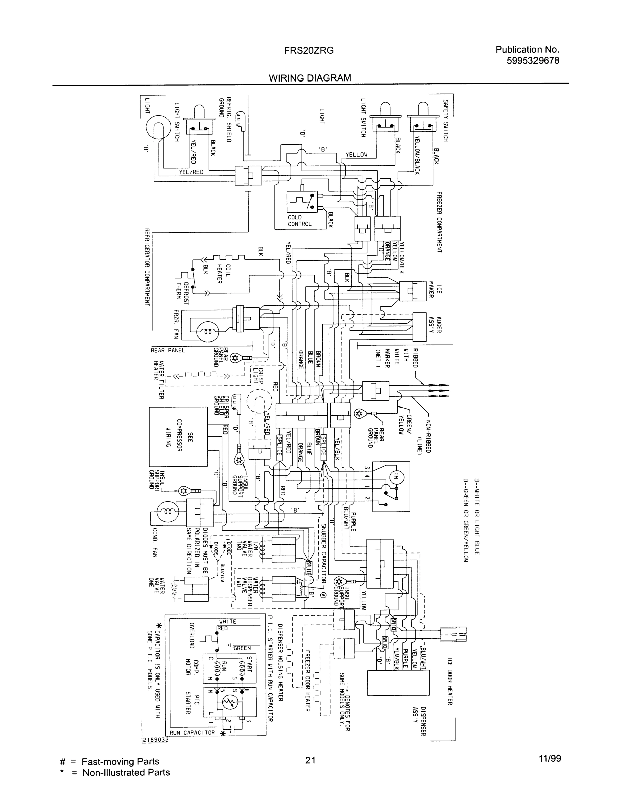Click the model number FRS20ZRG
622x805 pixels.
click(309, 51)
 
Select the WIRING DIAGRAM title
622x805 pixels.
click(309, 78)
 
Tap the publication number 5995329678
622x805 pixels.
click(533, 60)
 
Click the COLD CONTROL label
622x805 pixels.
click(299, 220)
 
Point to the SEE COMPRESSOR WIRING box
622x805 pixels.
click(178, 436)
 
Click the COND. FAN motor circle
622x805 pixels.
click(167, 512)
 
